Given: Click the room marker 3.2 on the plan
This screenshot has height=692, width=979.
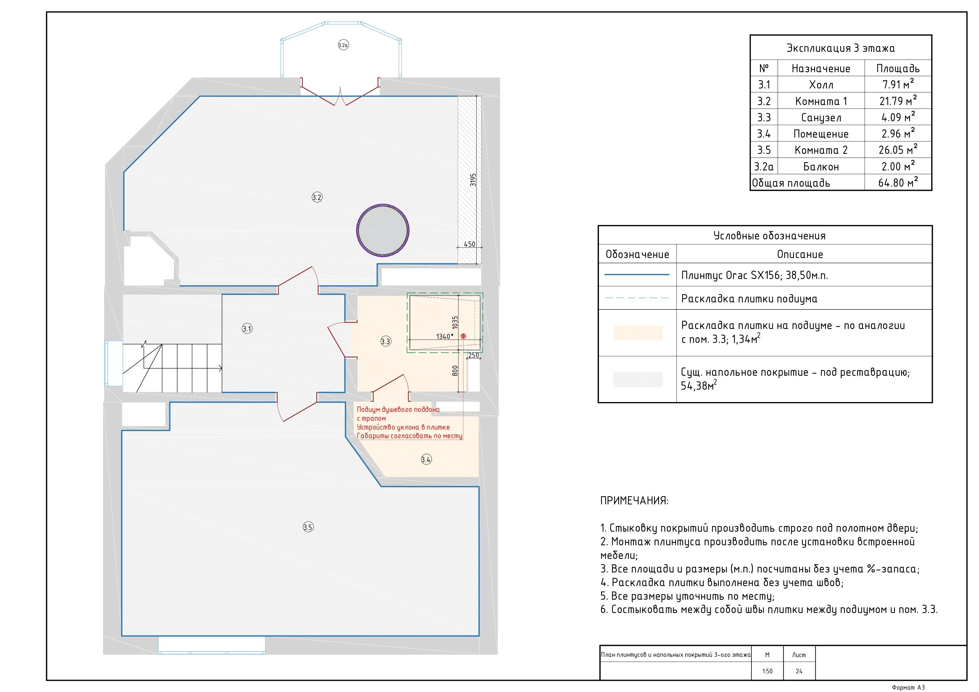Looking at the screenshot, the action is [x=317, y=197].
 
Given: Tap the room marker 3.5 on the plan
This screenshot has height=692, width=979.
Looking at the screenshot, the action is [x=308, y=527].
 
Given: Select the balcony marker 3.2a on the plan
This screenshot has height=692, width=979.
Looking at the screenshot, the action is [x=343, y=45].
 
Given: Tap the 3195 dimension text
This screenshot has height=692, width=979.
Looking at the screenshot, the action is [x=473, y=180].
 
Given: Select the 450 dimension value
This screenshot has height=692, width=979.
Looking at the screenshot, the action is [x=469, y=244].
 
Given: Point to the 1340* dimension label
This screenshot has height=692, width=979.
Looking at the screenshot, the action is [x=445, y=336].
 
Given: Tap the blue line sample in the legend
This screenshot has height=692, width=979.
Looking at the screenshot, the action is [x=637, y=275].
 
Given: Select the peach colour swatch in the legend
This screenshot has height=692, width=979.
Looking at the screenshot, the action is [x=638, y=333].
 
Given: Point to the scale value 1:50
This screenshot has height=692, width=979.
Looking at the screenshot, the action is [x=767, y=671].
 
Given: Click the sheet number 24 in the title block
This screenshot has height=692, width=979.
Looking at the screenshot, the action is [x=799, y=671].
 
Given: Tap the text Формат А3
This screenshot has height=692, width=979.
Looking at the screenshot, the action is [x=908, y=687].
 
